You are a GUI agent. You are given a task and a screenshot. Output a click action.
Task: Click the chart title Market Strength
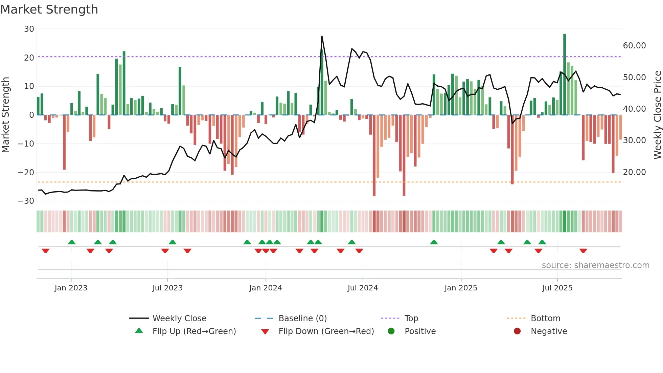(x=49, y=9)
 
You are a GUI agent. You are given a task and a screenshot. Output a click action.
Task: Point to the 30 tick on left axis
(x=29, y=29)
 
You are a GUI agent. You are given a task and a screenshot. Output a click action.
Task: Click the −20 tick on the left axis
(x=26, y=173)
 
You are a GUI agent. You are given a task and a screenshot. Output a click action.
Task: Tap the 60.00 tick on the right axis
(x=634, y=46)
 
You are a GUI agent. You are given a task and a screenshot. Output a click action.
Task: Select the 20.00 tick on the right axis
(x=634, y=172)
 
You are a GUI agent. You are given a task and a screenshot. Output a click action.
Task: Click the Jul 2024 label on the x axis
(x=363, y=288)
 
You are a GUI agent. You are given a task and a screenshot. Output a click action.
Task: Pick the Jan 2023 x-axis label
(x=71, y=288)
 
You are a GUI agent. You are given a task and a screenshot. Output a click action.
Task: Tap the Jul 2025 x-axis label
(x=557, y=288)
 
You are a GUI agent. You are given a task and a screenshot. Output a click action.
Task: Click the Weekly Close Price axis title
(x=657, y=115)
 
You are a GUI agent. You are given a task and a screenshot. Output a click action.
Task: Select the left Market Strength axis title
(x=6, y=115)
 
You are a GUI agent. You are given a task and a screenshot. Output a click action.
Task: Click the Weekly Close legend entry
(x=179, y=319)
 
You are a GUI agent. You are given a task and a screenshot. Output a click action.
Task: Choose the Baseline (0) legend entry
(x=302, y=319)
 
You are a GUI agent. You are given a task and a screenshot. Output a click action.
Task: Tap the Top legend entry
(x=411, y=319)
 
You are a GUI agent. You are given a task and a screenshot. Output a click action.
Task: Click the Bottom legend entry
(x=545, y=319)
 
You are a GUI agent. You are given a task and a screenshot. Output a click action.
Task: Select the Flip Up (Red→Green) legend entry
(x=194, y=331)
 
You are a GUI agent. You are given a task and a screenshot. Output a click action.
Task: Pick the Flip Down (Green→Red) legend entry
(x=326, y=331)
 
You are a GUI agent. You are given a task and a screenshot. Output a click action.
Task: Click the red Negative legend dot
(x=517, y=331)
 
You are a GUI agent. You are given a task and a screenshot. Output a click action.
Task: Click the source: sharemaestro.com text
(x=595, y=265)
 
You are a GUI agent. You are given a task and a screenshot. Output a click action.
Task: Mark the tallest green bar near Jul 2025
(x=565, y=74)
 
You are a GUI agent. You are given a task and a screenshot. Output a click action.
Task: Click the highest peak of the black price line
(x=322, y=37)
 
